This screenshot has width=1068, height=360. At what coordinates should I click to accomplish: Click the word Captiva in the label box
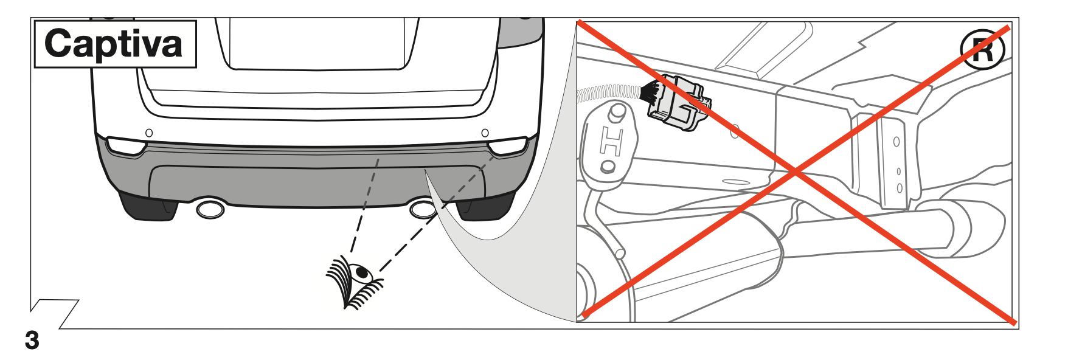click(114, 44)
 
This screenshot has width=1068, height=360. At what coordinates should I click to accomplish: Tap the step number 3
click(32, 341)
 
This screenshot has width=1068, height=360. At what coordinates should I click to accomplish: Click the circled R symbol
click(982, 49)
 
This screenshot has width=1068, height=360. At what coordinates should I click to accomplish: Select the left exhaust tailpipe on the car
click(210, 209)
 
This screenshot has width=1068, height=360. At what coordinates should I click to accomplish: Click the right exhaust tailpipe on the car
click(422, 209)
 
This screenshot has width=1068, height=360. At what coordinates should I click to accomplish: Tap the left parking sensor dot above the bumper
click(149, 133)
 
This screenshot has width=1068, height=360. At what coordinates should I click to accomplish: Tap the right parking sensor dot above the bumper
click(485, 133)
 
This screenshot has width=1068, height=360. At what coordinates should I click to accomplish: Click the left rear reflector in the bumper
click(126, 146)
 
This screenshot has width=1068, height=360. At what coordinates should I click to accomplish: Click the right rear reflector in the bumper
click(508, 146)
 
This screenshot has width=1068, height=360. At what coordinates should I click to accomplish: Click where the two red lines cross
click(796, 172)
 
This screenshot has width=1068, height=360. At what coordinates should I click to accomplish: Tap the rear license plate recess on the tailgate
click(316, 43)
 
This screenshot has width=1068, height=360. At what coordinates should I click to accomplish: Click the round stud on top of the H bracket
click(618, 111)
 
